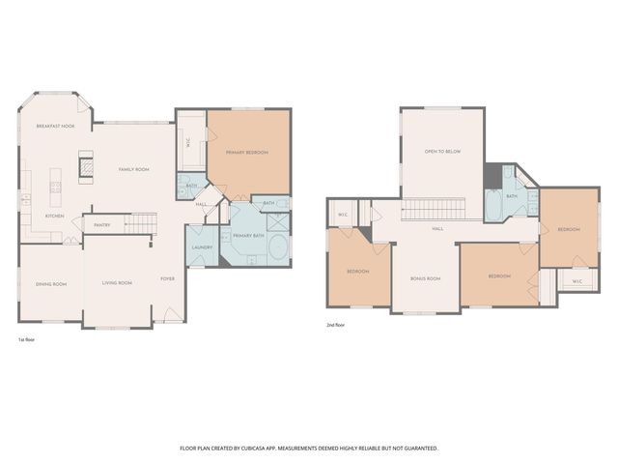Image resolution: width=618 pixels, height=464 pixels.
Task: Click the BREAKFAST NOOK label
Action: [55, 127]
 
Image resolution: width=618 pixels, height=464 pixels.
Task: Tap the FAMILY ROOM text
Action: [133, 169]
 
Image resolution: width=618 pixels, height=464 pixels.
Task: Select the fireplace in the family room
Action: [85, 167]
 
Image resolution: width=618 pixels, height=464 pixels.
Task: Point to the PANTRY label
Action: [101, 226]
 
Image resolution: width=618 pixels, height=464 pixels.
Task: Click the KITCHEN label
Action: [54, 216]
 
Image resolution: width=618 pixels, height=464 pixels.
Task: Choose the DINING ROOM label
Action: [51, 284]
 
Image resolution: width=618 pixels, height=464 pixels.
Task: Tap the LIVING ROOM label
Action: [117, 282]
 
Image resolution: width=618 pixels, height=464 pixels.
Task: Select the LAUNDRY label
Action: [202, 247]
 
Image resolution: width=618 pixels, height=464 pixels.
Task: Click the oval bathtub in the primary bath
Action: [276, 250]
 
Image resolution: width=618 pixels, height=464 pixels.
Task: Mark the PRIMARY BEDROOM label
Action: [247, 153]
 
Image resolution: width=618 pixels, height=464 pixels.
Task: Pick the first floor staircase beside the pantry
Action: [141, 225]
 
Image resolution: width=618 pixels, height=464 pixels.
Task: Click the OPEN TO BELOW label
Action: [442, 152]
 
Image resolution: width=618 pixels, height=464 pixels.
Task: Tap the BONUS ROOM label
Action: [425, 278]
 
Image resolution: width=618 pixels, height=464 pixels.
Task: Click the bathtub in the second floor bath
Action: [493, 203]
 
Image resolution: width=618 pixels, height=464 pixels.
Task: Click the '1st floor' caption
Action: [27, 340]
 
